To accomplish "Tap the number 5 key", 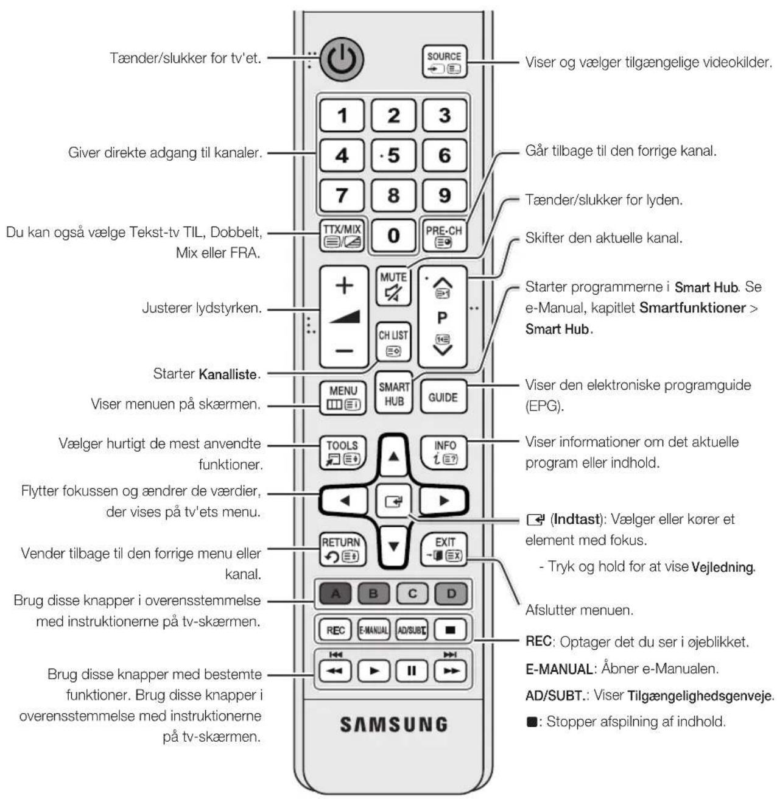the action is [x=393, y=155].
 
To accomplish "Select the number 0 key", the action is [x=393, y=235].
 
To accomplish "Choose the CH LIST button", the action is [x=393, y=342].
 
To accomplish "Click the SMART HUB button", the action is [x=393, y=393].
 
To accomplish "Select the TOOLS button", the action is [x=342, y=452].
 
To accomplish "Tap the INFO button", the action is [x=444, y=452].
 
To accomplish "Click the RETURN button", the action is [x=342, y=550].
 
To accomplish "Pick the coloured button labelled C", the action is [x=412, y=593].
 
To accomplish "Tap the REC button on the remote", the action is [x=335, y=630].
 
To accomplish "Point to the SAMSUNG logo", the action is [x=393, y=724].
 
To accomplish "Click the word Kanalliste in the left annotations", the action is [x=228, y=374].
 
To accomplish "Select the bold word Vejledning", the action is [x=722, y=567].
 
